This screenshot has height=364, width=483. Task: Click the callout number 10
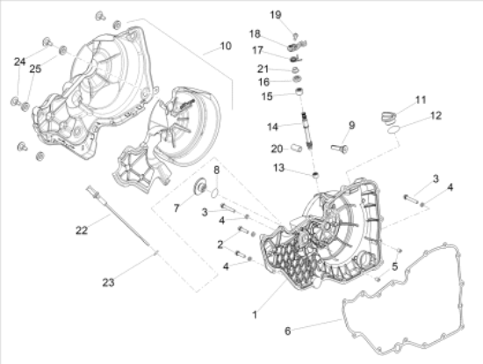226,46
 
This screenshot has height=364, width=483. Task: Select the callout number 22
82,230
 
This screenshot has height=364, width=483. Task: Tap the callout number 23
108,282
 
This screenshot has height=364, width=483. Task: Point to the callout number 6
287,331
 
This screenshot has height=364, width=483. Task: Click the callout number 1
255,315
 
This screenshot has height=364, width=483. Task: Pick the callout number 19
276,15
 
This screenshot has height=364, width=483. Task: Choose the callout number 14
272,127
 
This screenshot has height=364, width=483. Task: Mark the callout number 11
421,100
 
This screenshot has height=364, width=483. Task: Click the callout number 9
352,125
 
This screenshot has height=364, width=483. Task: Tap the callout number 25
35,69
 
